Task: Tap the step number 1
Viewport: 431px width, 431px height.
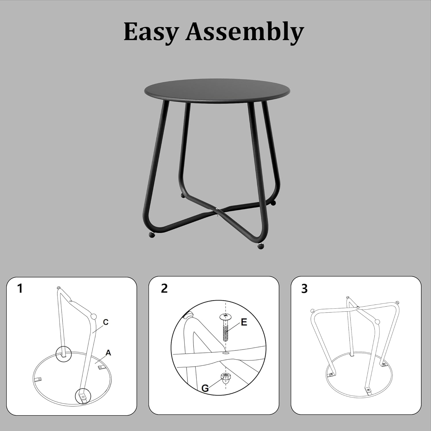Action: click(x=20, y=288)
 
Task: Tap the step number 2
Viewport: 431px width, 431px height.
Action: click(x=164, y=288)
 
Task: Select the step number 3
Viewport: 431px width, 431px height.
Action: click(x=304, y=288)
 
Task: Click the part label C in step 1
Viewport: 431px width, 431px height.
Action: click(x=106, y=322)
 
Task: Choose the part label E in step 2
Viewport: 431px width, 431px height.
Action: click(x=244, y=322)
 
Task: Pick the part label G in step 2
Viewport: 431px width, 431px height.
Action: click(x=205, y=388)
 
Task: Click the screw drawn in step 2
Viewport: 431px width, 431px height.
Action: click(x=226, y=327)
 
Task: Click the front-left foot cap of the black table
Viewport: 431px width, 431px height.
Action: click(x=152, y=235)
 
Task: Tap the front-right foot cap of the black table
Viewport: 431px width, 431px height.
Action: click(x=261, y=246)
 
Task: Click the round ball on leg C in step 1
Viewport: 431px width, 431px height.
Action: click(x=93, y=316)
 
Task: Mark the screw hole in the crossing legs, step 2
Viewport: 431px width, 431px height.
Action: click(x=226, y=353)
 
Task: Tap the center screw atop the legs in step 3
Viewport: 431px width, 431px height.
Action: click(x=357, y=307)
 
